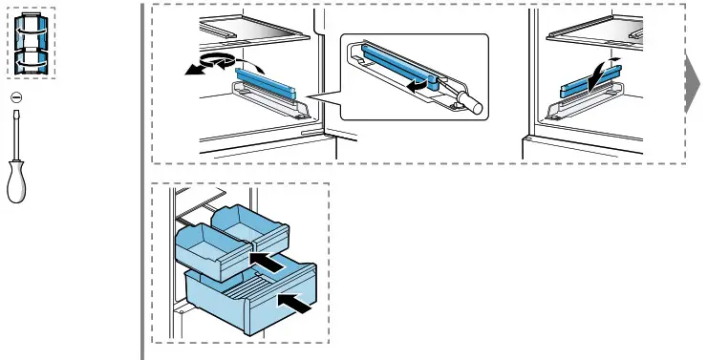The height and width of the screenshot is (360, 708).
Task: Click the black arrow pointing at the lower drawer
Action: (x=296, y=305)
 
